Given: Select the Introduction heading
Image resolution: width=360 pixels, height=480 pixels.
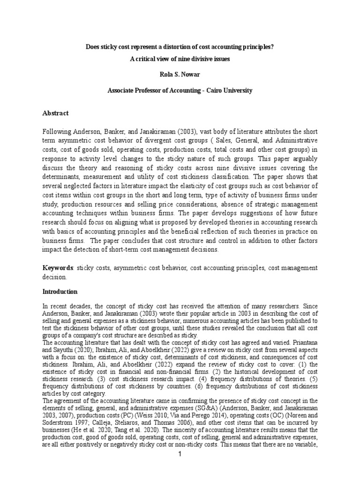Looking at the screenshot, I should pyautogui.click(x=60, y=292).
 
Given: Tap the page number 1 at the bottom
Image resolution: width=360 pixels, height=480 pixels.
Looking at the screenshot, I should pyautogui.click(x=180, y=469).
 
